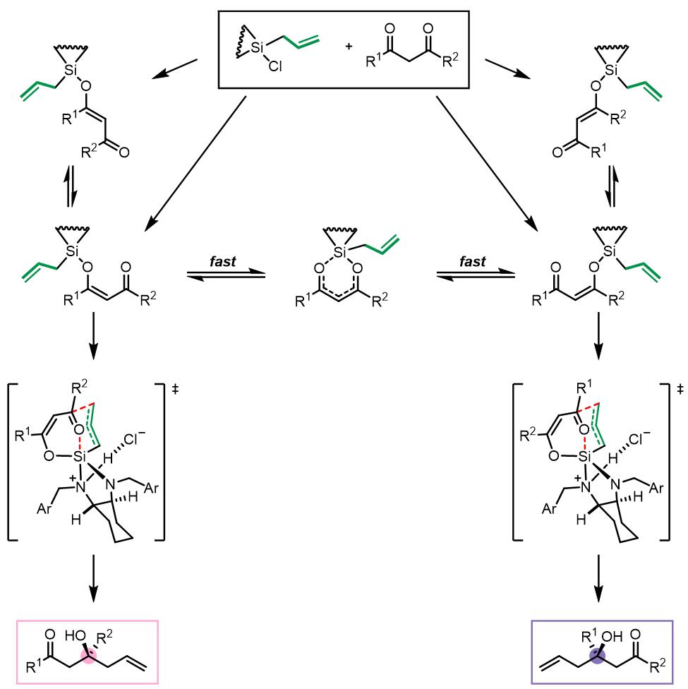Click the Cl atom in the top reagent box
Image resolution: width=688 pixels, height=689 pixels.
pyautogui.click(x=275, y=66)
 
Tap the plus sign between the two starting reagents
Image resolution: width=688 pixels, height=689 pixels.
pyautogui.click(x=349, y=46)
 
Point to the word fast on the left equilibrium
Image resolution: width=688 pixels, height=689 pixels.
pyautogui.click(x=223, y=261)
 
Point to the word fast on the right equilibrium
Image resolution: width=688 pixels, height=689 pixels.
pyautogui.click(x=472, y=261)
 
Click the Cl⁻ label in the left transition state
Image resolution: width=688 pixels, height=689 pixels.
pyautogui.click(x=134, y=438)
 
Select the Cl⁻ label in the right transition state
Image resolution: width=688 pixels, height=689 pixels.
pyautogui.click(x=639, y=438)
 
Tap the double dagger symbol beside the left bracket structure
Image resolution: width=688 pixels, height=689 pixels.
pyautogui.click(x=175, y=389)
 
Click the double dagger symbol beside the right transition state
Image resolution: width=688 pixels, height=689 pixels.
pyautogui.click(x=680, y=389)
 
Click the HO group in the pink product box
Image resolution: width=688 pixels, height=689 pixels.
pyautogui.click(x=74, y=635)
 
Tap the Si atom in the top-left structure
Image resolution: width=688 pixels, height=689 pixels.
pyautogui.click(x=71, y=70)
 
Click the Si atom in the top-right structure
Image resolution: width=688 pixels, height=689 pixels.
pyautogui.click(x=610, y=70)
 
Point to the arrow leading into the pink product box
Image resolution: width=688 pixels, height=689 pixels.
pyautogui.click(x=93, y=578)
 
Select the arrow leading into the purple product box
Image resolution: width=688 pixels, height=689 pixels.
pyautogui.click(x=598, y=578)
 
